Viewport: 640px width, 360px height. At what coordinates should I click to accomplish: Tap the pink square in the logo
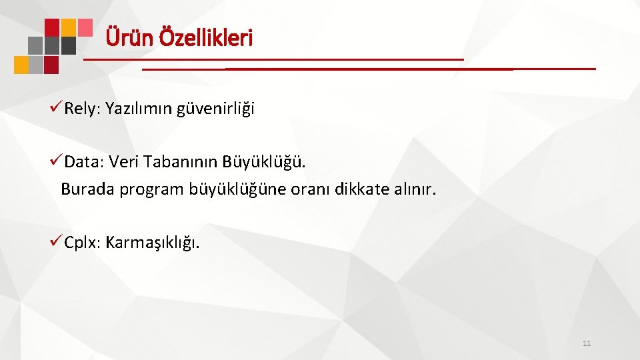pos(85,27)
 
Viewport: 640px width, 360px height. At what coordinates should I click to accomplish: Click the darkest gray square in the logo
pos(69,45)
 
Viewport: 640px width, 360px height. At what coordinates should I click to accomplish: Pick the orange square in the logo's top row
pos(69,27)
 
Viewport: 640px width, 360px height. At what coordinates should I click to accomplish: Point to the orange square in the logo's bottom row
pos(21,65)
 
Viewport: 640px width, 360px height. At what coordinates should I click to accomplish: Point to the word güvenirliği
pos(216,109)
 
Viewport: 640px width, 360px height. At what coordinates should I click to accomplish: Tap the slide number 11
pos(587,343)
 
